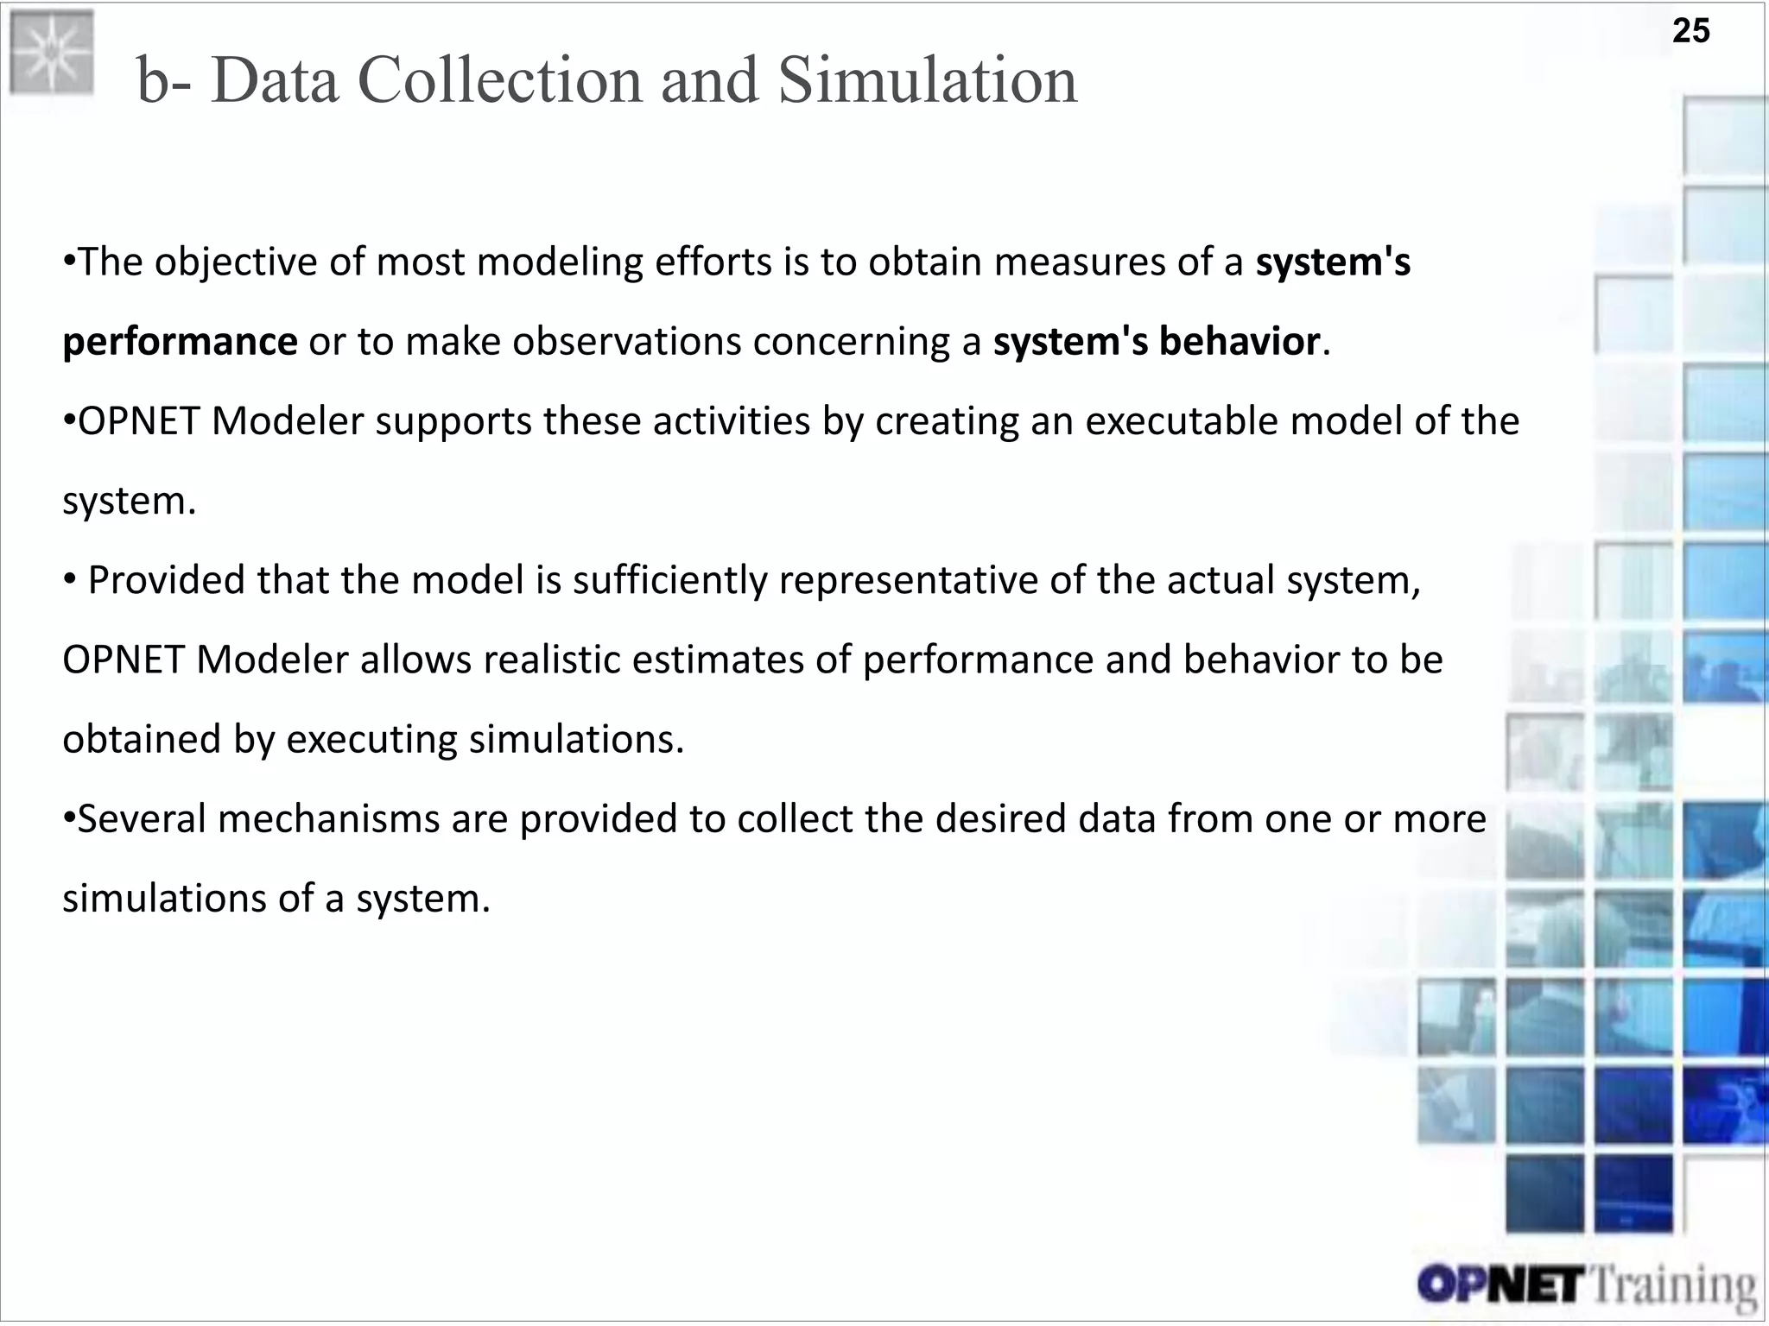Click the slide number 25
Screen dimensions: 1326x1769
1690,31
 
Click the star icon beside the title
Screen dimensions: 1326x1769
51,53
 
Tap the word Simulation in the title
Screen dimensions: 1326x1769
927,80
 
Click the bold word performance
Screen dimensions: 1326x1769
180,342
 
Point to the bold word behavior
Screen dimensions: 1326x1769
1239,342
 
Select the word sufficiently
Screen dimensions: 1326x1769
669,580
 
